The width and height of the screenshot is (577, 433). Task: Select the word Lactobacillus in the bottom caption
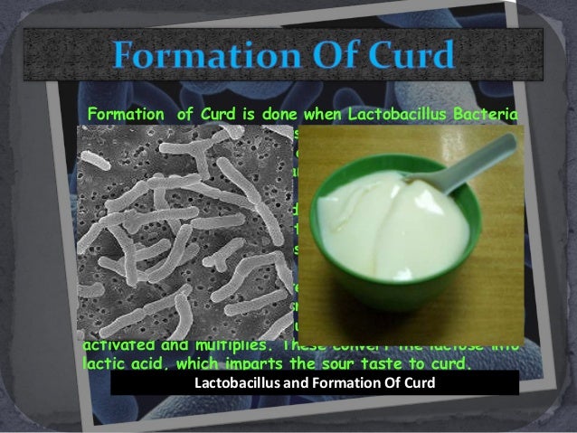click(x=235, y=383)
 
